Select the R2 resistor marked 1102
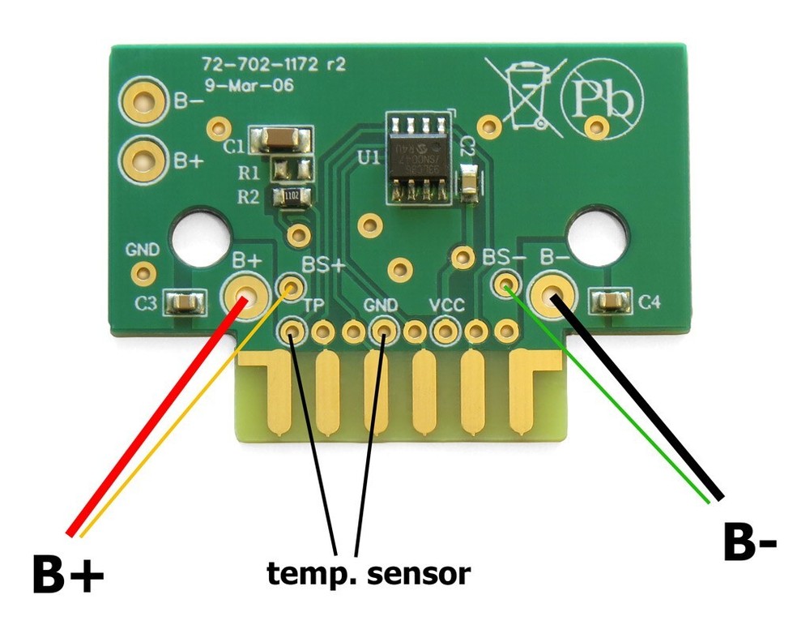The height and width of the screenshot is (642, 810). point(292,195)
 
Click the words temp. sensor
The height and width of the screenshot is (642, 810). point(369,574)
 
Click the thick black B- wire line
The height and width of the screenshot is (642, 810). point(640,397)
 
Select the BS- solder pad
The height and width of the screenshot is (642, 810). point(505,284)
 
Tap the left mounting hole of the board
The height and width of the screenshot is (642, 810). point(199,233)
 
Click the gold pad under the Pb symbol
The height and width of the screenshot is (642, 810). point(597,126)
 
